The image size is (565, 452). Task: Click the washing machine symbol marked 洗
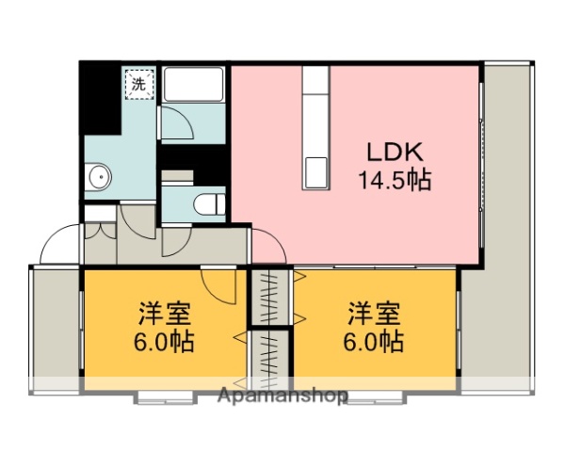pos(138,85)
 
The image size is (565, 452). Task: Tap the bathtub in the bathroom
pos(192,86)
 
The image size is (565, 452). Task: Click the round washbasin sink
pos(98,176)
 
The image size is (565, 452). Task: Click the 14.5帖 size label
pos(393,180)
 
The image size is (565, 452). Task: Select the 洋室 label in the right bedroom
pos(374,313)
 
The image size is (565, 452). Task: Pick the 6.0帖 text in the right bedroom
pos(374,340)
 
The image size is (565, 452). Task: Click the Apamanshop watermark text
pos(283,395)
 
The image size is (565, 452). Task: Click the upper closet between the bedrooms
pos(270,297)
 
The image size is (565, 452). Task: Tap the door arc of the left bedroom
pos(218,285)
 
